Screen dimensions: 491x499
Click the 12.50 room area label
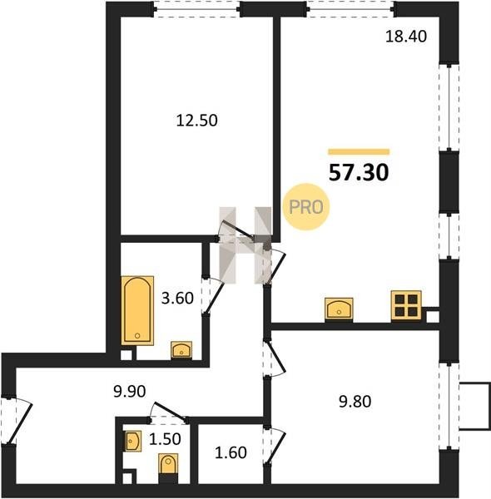coord(196,121)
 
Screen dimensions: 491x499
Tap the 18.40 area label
coord(406,37)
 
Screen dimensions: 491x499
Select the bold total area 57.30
coord(359,172)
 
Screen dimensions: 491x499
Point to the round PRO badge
coord(306,207)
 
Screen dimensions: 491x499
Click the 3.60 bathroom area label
coord(177,299)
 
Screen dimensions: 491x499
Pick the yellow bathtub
coord(137,310)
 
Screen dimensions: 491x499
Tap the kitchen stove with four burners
coord(406,306)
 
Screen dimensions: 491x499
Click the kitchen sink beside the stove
coord(339,309)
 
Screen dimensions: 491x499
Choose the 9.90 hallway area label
coord(129,391)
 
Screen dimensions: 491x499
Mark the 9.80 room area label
coord(355,402)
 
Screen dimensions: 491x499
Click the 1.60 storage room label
coord(231,452)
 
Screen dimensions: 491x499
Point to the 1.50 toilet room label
coord(165,439)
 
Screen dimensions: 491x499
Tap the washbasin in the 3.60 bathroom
coord(181,350)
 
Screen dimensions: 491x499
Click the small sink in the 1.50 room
coord(132,441)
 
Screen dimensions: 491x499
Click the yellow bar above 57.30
coord(359,152)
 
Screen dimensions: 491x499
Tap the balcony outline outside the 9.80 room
coord(474,407)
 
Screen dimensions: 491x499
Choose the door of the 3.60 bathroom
coord(214,296)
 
